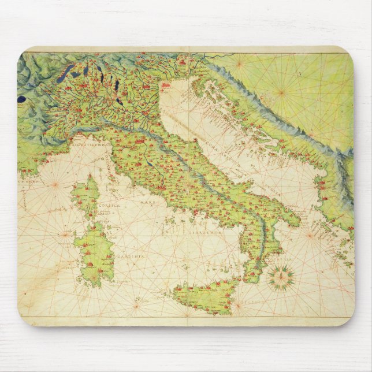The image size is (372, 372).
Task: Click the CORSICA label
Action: coord(109,204)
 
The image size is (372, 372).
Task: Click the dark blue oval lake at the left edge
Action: coord(21,99)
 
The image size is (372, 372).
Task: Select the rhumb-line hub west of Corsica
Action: coord(55,185)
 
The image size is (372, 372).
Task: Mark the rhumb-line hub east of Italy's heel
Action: coord(312,235)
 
